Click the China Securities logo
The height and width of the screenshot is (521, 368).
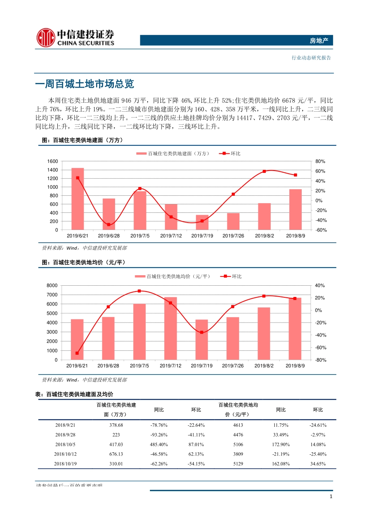click(x=75, y=38)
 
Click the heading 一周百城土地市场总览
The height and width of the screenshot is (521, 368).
click(x=84, y=84)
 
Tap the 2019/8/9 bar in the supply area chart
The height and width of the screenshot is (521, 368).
click(x=295, y=209)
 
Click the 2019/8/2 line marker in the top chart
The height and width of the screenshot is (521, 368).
click(x=264, y=171)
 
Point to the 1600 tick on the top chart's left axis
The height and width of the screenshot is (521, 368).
click(x=53, y=161)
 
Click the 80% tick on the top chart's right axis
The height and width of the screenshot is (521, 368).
click(x=320, y=161)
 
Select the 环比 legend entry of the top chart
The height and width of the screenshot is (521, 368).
click(x=231, y=154)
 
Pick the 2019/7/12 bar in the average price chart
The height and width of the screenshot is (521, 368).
click(x=170, y=328)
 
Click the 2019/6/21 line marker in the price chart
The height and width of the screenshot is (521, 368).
click(x=77, y=353)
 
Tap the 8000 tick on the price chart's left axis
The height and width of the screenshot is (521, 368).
click(x=52, y=285)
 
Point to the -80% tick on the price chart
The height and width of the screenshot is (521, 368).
click(x=320, y=360)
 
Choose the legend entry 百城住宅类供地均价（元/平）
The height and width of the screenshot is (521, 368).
click(x=174, y=276)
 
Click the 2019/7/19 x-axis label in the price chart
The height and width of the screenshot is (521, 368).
click(x=201, y=366)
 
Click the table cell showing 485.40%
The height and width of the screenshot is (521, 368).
click(x=159, y=445)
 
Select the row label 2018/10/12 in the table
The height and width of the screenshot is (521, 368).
click(x=65, y=454)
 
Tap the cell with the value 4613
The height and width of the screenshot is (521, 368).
click(x=238, y=425)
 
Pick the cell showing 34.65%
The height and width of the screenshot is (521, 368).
click(x=318, y=464)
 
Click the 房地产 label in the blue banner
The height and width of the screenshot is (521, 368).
click(x=319, y=41)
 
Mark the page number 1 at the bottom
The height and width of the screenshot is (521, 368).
click(x=331, y=497)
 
